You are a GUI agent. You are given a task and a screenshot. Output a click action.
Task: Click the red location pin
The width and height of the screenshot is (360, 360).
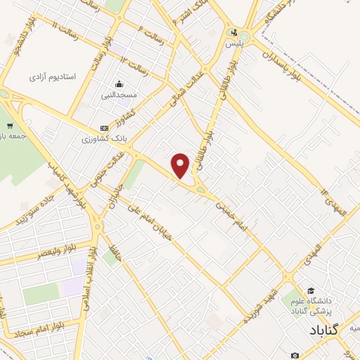(x=181, y=165)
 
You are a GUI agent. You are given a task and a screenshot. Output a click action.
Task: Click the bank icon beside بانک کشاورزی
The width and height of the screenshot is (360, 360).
(x=105, y=128)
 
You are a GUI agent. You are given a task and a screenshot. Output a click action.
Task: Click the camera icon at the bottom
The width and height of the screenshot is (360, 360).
(x=295, y=356)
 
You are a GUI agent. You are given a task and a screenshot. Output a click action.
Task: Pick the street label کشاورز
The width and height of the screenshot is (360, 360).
(x=127, y=112)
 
